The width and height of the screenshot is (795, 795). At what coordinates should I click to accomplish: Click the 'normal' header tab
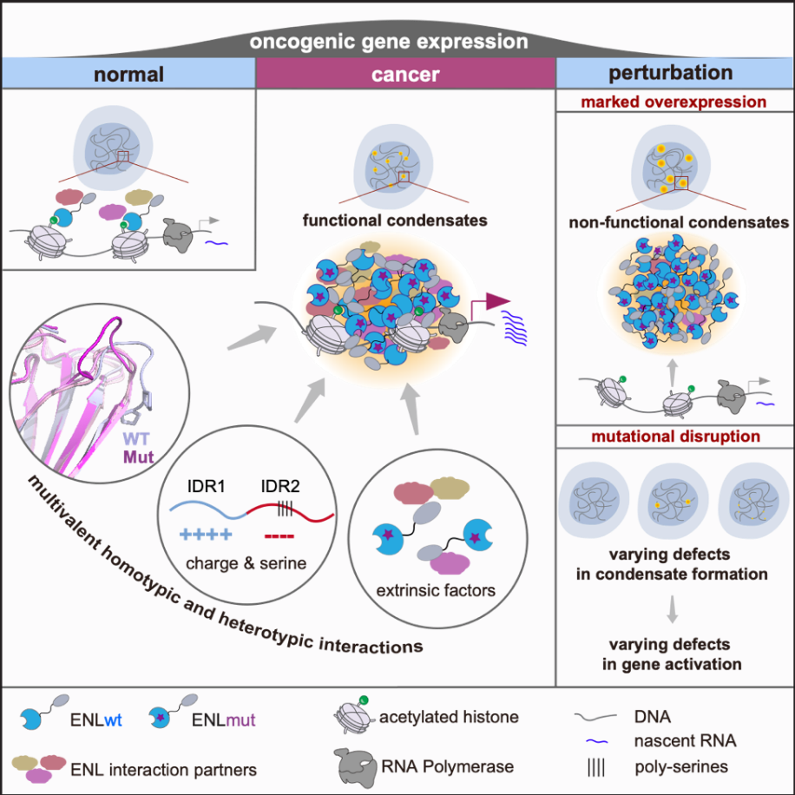tap(128, 73)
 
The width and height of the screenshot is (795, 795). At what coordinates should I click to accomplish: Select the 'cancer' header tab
tap(405, 74)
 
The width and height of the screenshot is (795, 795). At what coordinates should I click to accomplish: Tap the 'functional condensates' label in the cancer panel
tap(395, 220)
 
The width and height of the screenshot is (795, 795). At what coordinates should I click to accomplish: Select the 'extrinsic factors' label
tap(435, 591)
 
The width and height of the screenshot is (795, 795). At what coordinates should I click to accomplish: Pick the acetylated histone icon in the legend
tap(352, 717)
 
